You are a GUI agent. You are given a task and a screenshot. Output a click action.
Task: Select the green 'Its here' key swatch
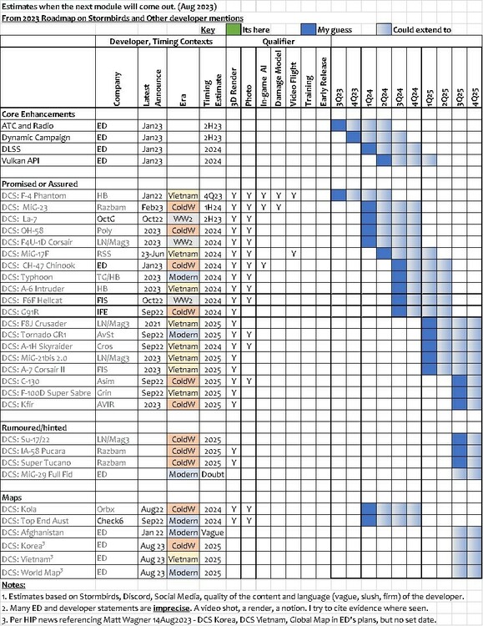(x=234, y=28)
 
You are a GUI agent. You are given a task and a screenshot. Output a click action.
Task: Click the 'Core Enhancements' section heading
(x=38, y=114)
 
